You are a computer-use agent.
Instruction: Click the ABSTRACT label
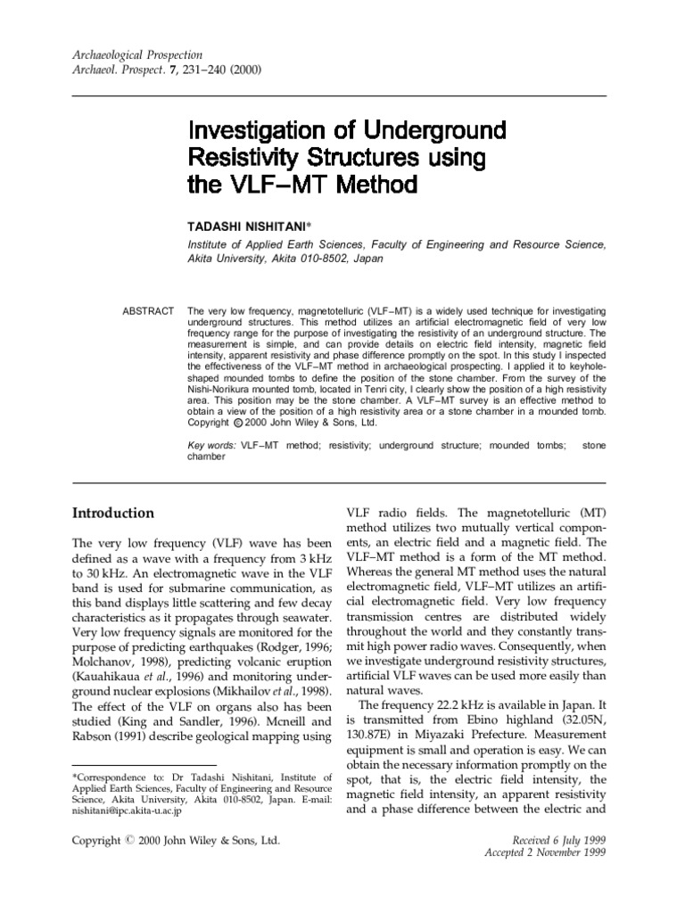148,310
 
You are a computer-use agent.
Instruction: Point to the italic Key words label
211,444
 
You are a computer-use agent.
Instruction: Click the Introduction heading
111,514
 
